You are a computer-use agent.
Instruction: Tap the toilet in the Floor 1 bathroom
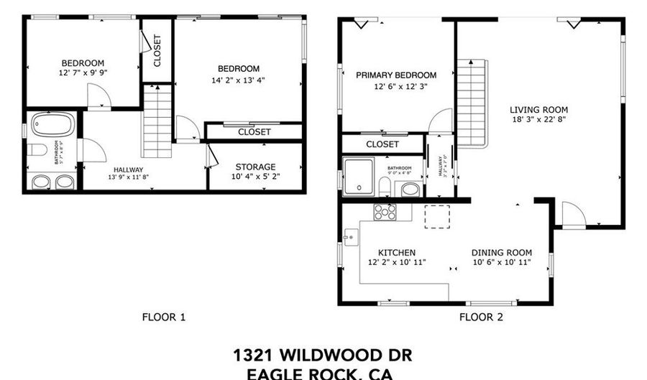click(x=38, y=150)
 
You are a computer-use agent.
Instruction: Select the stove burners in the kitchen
click(x=384, y=212)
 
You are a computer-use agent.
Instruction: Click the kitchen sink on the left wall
click(x=351, y=236)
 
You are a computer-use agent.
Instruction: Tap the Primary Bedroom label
click(x=395, y=75)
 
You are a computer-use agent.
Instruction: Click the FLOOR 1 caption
click(x=164, y=317)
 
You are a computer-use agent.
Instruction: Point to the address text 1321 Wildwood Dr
click(x=323, y=355)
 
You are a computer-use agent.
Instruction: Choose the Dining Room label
click(x=501, y=252)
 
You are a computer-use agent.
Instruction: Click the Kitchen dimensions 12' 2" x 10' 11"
click(x=396, y=262)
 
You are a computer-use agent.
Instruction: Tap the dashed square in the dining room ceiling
click(x=437, y=216)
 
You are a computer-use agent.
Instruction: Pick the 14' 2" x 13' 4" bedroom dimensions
click(x=235, y=80)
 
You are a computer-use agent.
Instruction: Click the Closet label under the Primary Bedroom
click(x=382, y=144)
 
